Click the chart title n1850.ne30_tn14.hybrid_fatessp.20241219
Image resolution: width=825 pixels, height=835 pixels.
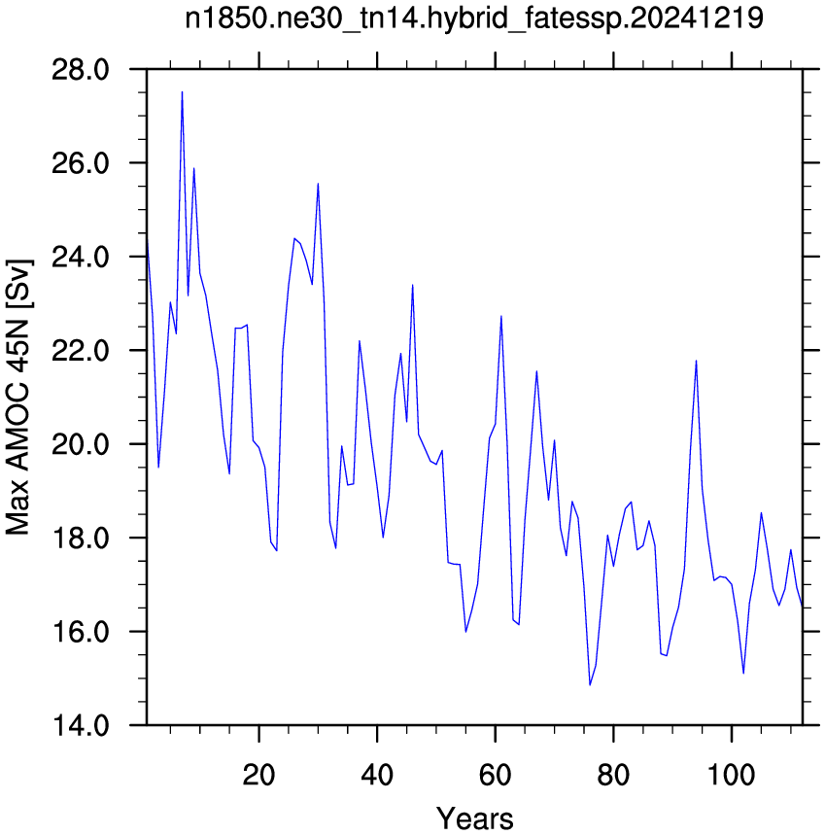coord(473,18)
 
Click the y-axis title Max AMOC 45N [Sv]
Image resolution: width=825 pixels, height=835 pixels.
coord(19,398)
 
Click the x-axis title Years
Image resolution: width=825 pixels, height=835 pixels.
coord(474,818)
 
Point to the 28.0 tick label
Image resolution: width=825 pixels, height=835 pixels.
coord(81,70)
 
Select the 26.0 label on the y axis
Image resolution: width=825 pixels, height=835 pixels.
coord(81,163)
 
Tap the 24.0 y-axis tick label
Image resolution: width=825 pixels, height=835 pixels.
coord(81,258)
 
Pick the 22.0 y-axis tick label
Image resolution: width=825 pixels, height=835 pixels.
coord(81,351)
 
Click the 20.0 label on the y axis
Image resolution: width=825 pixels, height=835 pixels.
coord(81,444)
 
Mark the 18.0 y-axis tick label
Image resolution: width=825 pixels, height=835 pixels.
coord(81,539)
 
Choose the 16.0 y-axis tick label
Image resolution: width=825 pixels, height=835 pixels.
coord(81,632)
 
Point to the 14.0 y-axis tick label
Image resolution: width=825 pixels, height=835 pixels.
coord(81,726)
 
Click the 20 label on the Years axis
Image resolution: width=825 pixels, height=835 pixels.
coord(258,775)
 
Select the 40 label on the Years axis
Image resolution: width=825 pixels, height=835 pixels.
coord(377,775)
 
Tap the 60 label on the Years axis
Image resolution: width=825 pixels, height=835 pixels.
coord(495,775)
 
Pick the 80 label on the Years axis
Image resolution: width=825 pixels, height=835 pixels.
coord(613,775)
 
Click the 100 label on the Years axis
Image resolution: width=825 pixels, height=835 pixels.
coord(732,775)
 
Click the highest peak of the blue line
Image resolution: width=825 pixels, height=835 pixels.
coord(182,92)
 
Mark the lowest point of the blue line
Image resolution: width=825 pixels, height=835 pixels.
coord(590,684)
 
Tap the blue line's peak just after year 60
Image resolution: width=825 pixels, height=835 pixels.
coord(500,316)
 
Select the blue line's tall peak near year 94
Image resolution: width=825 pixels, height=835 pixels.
coord(696,361)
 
